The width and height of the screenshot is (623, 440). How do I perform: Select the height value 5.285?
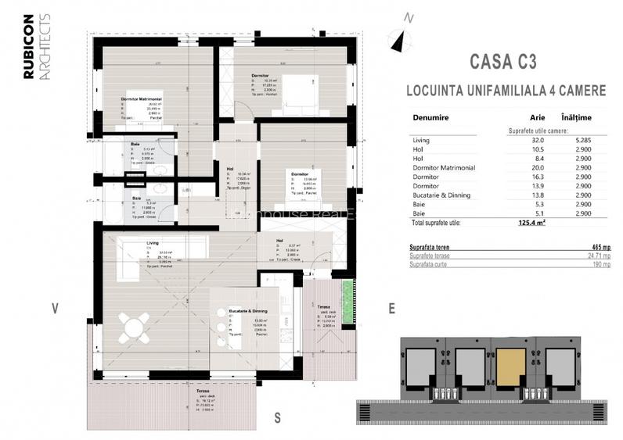click(579, 141)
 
